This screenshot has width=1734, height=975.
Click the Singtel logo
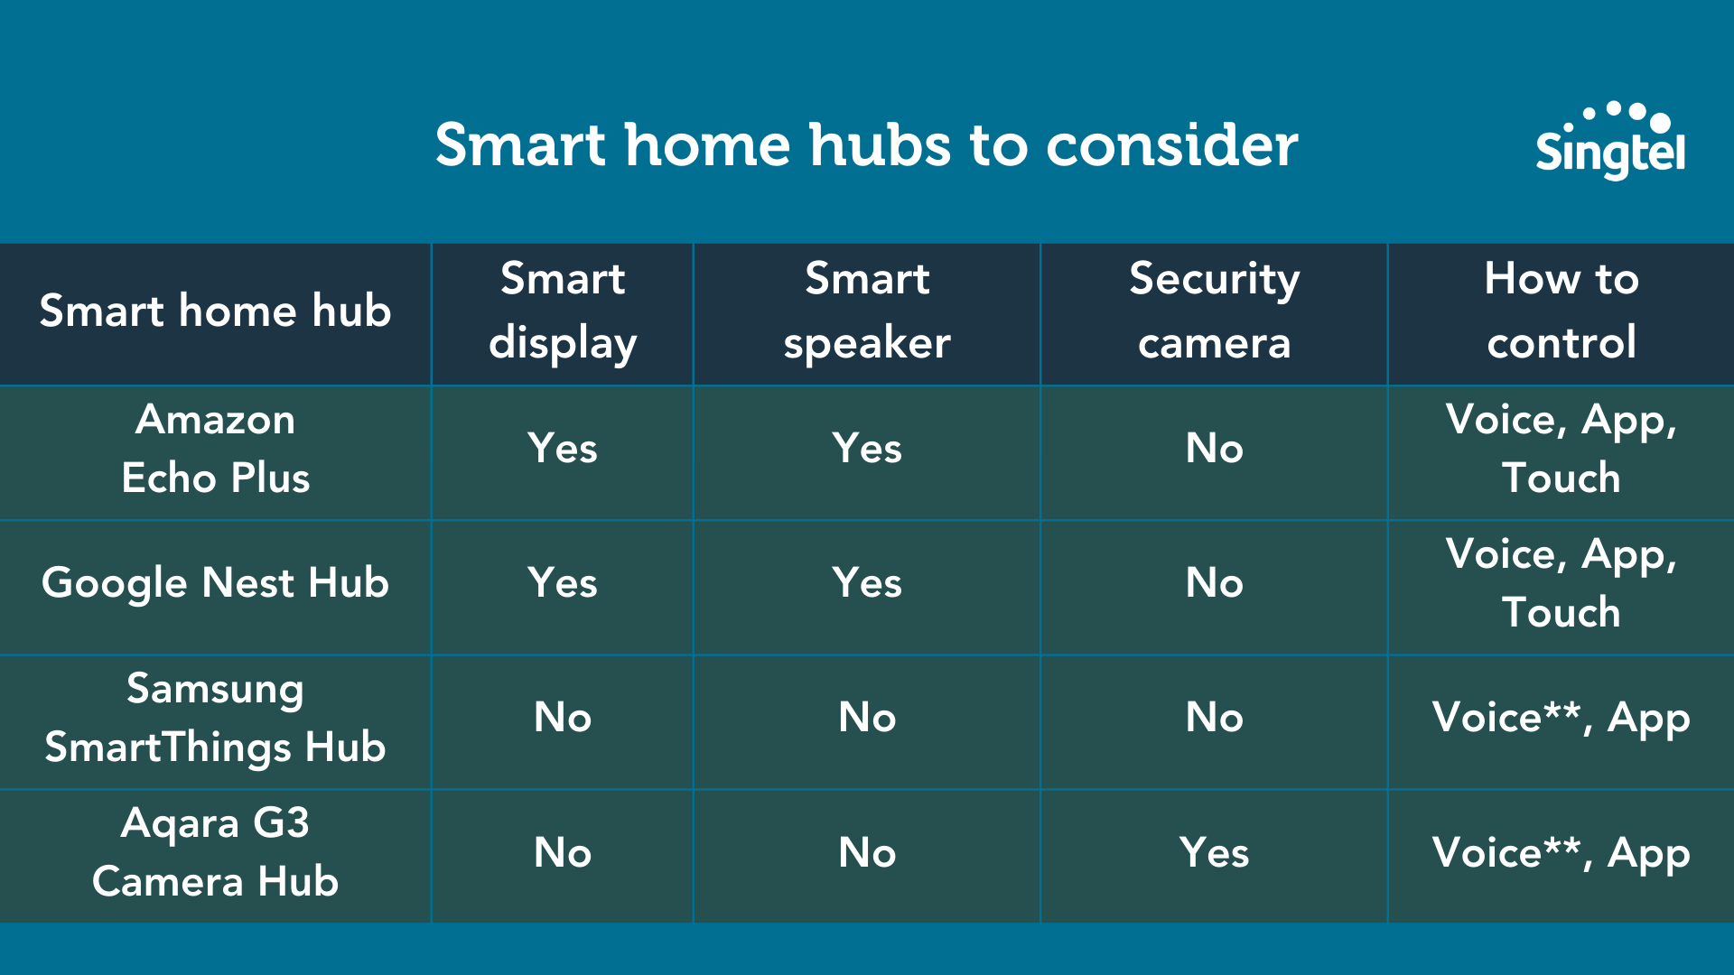(x=1609, y=143)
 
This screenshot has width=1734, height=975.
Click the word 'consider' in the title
(x=1171, y=145)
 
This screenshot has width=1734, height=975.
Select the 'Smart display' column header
(x=563, y=311)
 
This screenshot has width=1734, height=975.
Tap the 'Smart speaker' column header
(x=867, y=311)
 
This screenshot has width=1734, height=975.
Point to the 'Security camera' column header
(x=1214, y=311)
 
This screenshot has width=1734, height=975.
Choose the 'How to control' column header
(x=1561, y=311)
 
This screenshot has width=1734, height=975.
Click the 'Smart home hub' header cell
(x=215, y=311)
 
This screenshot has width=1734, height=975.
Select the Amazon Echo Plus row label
(x=215, y=449)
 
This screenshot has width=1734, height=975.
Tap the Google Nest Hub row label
(x=215, y=583)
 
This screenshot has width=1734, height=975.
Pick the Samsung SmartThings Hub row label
(x=215, y=718)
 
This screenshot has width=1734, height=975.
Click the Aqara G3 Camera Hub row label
(x=215, y=853)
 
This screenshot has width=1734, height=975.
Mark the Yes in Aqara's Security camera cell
(x=1214, y=853)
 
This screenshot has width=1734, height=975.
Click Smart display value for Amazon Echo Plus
(x=563, y=449)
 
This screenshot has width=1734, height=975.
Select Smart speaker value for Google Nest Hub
(x=867, y=583)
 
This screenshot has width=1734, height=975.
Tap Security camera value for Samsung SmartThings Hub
(x=1214, y=718)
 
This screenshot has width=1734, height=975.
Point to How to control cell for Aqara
(x=1561, y=853)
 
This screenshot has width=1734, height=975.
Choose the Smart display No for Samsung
(x=563, y=718)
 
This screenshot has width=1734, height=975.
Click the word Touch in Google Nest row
(x=1561, y=613)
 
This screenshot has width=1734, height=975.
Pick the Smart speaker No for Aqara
(x=867, y=853)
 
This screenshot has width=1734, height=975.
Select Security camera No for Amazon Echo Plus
(x=1214, y=449)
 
